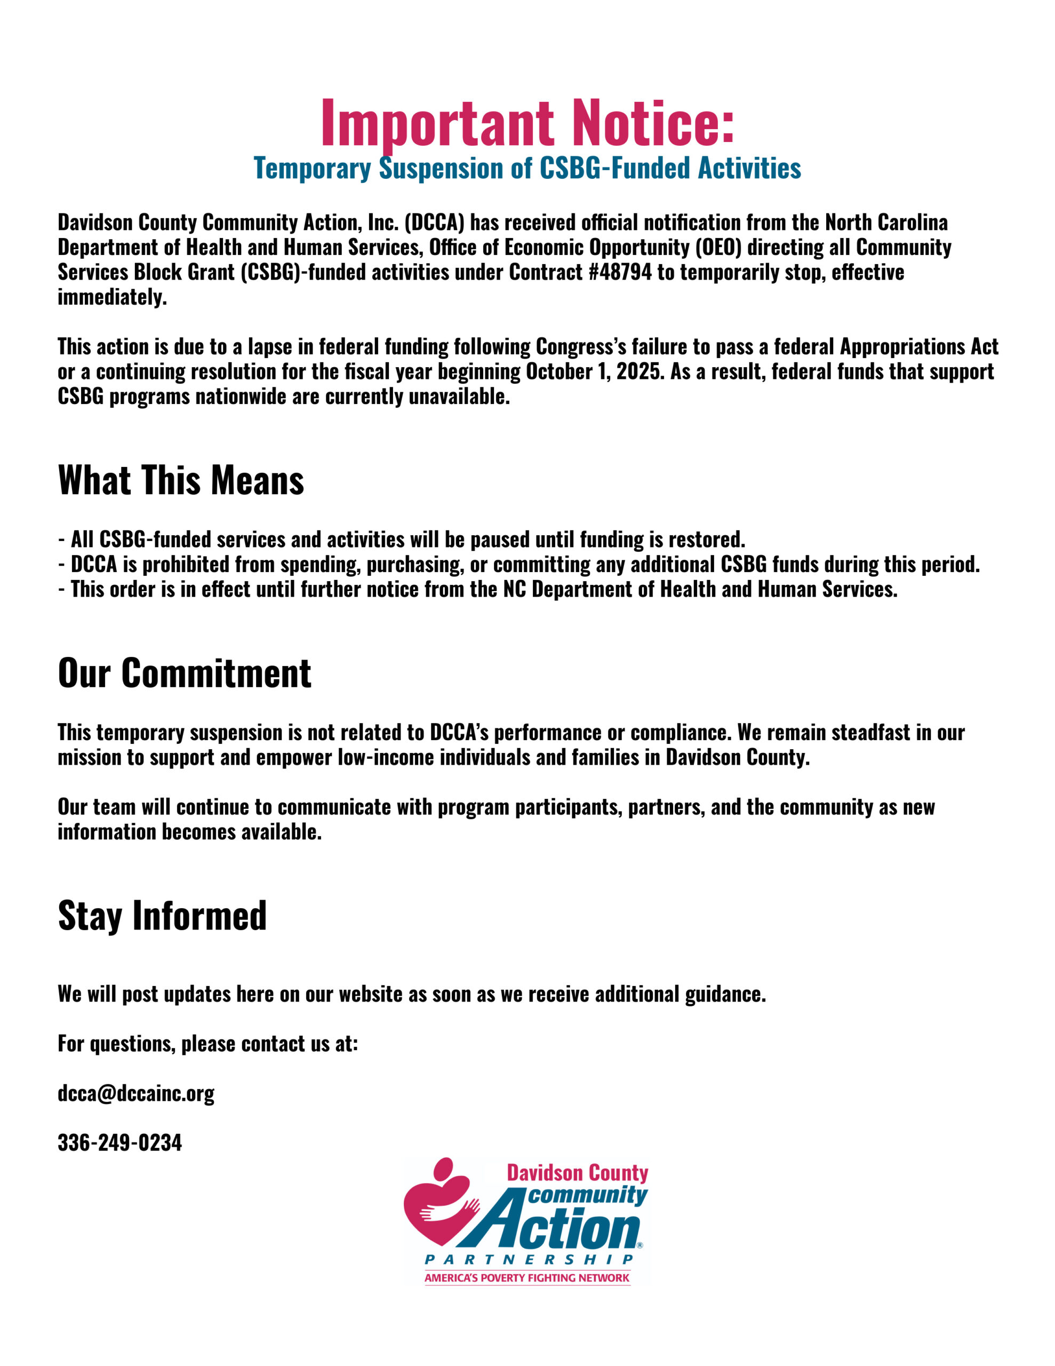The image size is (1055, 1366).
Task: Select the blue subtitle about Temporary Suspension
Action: point(527,168)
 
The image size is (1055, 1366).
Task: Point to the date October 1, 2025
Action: point(595,371)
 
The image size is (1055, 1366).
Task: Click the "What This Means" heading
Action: point(181,480)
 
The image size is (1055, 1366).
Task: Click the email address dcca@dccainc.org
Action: point(135,1093)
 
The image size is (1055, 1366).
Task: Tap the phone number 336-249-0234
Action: point(119,1143)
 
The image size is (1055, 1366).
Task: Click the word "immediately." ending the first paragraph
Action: point(112,297)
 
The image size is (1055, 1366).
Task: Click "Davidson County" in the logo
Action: point(577,1173)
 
